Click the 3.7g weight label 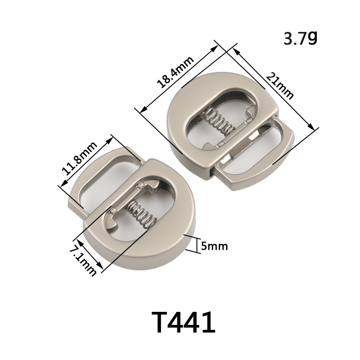[x=300, y=38]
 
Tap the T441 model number [x=183, y=323]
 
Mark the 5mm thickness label [x=215, y=246]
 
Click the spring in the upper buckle [x=219, y=121]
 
